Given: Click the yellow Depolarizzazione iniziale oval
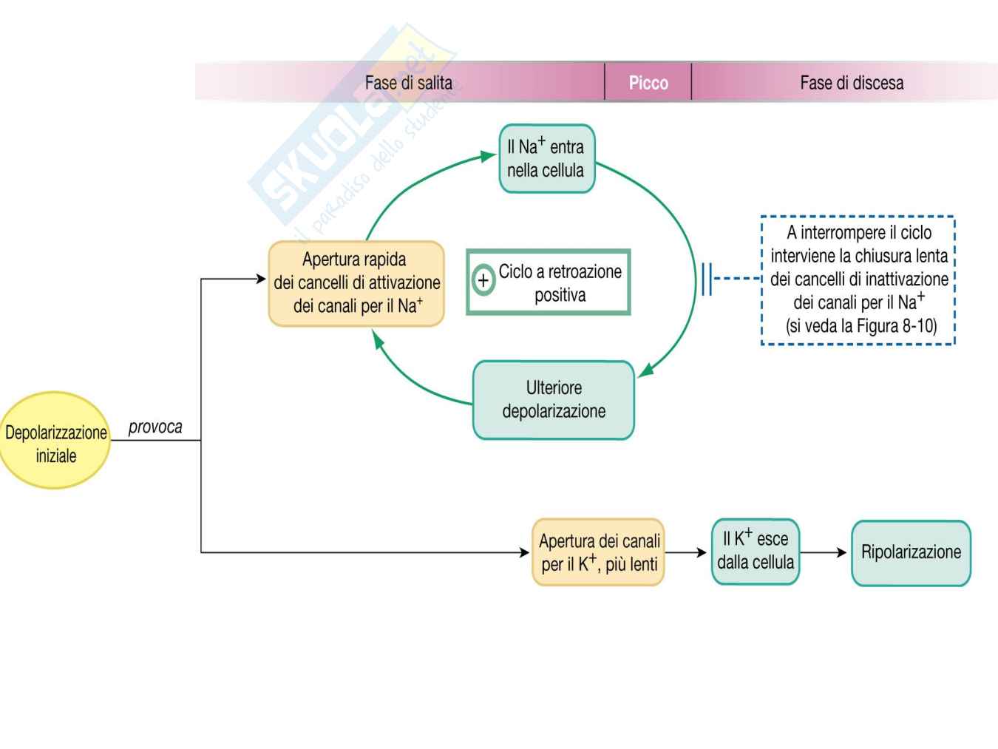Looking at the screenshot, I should pyautogui.click(x=55, y=441).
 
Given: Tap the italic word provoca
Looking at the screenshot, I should pyautogui.click(x=155, y=427).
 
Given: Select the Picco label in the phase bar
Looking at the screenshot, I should pyautogui.click(x=648, y=83).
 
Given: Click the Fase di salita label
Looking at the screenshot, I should pyautogui.click(x=408, y=83).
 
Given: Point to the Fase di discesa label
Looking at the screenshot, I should pyautogui.click(x=852, y=83).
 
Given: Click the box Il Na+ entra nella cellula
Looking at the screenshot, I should pyautogui.click(x=546, y=159).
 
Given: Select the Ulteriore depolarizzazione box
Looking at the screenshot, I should pyautogui.click(x=554, y=400).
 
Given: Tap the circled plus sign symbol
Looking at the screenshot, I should pyautogui.click(x=483, y=281).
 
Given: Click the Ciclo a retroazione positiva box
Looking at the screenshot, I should pyautogui.click(x=549, y=282).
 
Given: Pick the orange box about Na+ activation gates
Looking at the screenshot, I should pyautogui.click(x=356, y=283).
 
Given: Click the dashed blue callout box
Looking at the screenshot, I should pyautogui.click(x=858, y=280).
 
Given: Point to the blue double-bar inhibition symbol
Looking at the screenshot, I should pyautogui.click(x=707, y=279).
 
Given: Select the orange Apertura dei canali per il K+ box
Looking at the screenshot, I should pyautogui.click(x=599, y=552).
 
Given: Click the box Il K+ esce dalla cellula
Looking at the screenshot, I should pyautogui.click(x=756, y=552).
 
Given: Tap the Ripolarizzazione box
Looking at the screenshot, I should pyautogui.click(x=911, y=553).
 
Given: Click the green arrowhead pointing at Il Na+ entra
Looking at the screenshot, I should pyautogui.click(x=487, y=156).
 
